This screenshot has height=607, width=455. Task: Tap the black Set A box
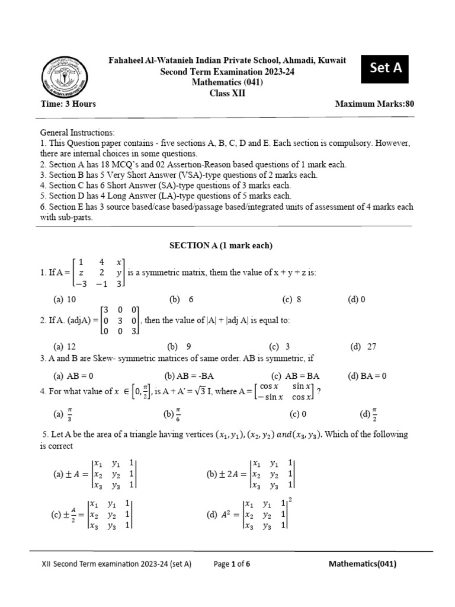386,68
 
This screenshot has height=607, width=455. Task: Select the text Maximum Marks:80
374,104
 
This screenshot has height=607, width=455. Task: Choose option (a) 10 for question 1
65,299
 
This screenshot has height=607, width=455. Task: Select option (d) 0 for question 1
357,299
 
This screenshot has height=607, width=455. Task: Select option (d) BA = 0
367,375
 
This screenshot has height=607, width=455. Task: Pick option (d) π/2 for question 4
365,414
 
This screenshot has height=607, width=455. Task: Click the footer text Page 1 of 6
232,564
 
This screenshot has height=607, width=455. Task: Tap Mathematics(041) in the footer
363,564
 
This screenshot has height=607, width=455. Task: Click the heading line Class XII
227,93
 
